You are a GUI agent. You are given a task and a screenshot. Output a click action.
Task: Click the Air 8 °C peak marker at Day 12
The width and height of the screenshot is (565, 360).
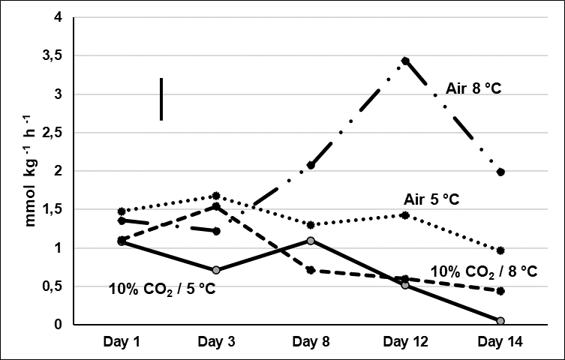405,61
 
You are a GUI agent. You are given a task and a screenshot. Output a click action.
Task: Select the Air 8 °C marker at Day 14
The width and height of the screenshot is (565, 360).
500,172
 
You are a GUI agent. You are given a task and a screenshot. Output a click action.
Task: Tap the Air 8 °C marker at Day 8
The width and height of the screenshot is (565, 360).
310,165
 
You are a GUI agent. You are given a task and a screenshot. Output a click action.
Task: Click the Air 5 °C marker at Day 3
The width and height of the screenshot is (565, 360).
215,196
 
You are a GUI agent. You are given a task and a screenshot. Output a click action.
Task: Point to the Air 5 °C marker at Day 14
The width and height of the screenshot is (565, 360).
500,250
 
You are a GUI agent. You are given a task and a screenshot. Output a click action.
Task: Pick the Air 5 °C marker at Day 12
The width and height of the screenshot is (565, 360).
405,215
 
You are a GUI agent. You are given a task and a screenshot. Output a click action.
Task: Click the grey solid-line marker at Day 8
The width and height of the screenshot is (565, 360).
310,241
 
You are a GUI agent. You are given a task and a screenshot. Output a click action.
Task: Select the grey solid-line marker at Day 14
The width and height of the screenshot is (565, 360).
500,321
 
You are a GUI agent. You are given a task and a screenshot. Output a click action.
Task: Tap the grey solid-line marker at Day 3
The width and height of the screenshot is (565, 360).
215,270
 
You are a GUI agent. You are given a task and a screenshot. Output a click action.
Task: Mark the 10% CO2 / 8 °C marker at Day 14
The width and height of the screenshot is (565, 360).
500,291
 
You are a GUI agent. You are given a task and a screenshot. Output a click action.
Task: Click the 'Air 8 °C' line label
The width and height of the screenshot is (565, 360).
473,88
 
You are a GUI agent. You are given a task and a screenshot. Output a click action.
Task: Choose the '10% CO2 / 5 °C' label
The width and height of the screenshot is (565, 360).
162,289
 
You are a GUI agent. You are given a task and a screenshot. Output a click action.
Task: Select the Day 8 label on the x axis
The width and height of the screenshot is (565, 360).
310,341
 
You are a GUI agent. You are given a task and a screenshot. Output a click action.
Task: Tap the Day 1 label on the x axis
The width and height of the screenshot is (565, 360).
120,341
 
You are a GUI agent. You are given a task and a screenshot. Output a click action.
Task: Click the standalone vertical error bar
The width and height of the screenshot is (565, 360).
161,98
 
